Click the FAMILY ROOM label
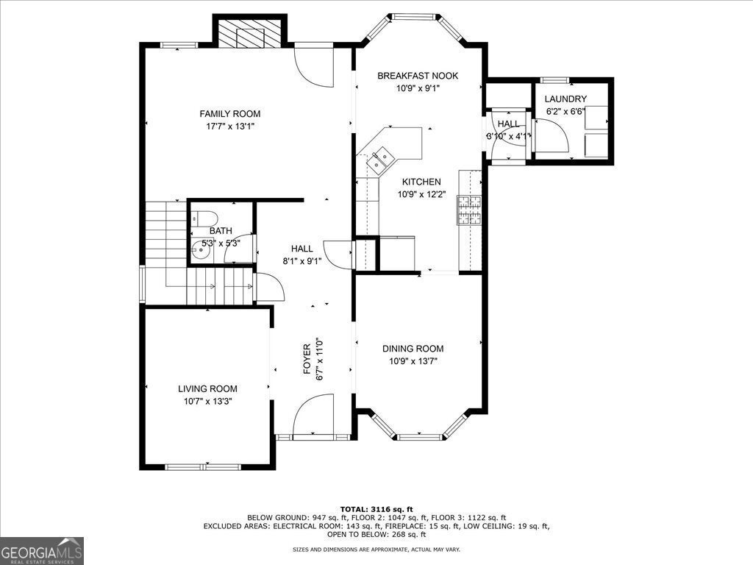[x=230, y=114]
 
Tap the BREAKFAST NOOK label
[x=418, y=76]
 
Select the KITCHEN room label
[x=421, y=182]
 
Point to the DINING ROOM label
[x=413, y=349]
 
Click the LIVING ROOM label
[x=207, y=388]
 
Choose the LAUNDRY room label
[x=565, y=99]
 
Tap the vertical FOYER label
[x=307, y=359]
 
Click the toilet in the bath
[x=204, y=218]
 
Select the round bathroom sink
[x=199, y=249]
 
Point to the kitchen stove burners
[x=469, y=210]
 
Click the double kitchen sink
[x=380, y=159]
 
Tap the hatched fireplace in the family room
[x=250, y=33]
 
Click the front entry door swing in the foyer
[x=313, y=414]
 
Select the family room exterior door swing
[x=313, y=65]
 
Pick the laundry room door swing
[x=552, y=136]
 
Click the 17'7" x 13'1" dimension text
[x=230, y=127]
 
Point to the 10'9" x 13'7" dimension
[x=413, y=361]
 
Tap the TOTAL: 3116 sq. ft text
[x=376, y=509]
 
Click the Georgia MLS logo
[x=42, y=550]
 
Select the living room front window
[x=202, y=466]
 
